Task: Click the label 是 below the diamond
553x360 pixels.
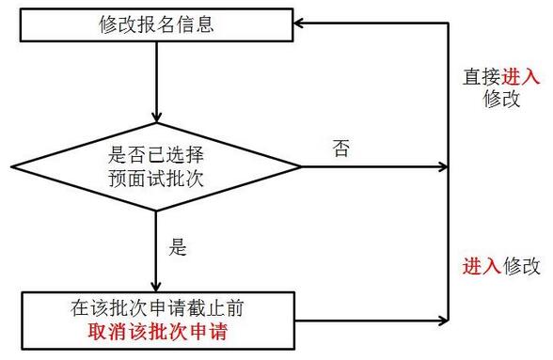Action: click(x=178, y=249)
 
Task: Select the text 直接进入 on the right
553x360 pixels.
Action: click(x=496, y=76)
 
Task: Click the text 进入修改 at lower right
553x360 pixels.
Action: click(x=501, y=266)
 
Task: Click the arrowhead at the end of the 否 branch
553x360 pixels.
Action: click(x=443, y=167)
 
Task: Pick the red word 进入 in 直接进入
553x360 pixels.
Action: click(x=512, y=76)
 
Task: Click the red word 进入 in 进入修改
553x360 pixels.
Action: click(x=482, y=266)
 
